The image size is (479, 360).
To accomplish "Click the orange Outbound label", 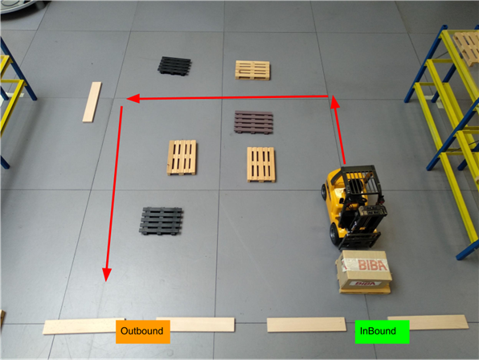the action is pos(143,332).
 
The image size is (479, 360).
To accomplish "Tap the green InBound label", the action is pos(382,332).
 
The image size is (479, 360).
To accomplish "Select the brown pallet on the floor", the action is pos(253,122).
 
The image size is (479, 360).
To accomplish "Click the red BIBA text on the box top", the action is pos(372,265).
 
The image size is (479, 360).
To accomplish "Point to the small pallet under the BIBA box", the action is pos(365,290).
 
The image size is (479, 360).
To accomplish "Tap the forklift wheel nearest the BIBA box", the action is pos(334,234).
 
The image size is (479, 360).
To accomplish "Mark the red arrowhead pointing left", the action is pos(133,99).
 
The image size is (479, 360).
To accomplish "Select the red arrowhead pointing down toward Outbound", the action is pos(106,275).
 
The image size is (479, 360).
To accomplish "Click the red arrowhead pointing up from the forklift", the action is pos(335,102).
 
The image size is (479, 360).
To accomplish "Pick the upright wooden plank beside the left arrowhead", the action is pos(92,102).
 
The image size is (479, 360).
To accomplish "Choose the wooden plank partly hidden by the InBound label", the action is pos(428,322).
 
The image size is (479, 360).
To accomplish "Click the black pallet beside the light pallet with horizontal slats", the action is pos(174,66).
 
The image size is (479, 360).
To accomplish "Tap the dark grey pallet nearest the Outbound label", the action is pos(161,221).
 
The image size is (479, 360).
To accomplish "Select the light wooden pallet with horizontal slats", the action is pos(252,70).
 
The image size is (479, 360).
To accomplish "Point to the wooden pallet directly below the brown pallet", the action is pos(261,165).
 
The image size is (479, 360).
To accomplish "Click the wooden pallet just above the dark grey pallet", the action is pos(182,157).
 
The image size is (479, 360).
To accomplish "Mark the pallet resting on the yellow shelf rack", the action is pos(467,47).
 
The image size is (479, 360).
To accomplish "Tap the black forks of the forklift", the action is pos(359,240).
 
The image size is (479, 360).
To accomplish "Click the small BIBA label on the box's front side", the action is pos(366,284).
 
